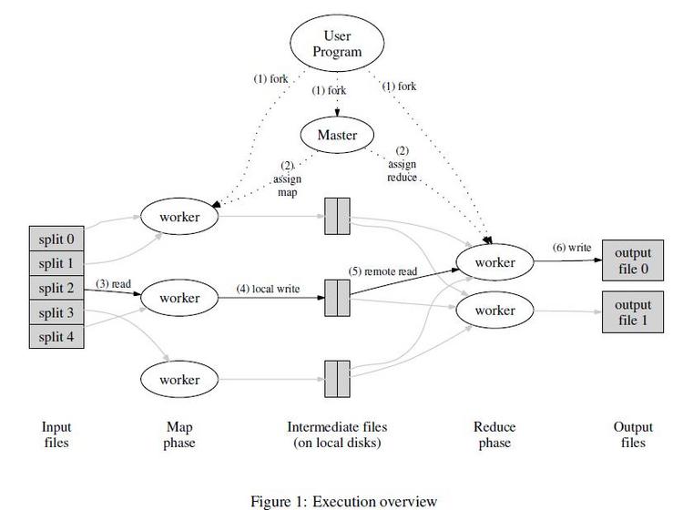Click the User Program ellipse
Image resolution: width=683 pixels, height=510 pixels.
click(337, 43)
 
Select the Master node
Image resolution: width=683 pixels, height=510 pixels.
click(337, 135)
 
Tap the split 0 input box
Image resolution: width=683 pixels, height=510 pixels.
click(56, 240)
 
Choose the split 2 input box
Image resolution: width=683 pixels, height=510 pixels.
click(56, 289)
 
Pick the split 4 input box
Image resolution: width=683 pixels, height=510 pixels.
click(56, 338)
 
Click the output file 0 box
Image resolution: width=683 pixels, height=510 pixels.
click(632, 261)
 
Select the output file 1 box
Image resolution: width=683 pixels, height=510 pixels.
click(632, 311)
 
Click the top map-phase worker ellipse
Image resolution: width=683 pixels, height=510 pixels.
click(178, 217)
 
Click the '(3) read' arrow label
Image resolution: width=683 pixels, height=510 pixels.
click(114, 284)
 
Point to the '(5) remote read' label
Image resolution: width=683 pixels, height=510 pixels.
click(383, 270)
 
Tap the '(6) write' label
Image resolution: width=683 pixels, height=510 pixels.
click(572, 248)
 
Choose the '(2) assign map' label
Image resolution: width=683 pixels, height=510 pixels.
click(287, 179)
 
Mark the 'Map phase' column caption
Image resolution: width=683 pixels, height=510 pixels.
click(178, 434)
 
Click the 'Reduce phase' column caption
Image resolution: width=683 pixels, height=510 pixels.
click(494, 434)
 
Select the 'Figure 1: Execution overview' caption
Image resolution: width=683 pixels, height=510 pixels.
click(343, 501)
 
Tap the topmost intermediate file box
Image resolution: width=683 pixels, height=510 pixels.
click(337, 220)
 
